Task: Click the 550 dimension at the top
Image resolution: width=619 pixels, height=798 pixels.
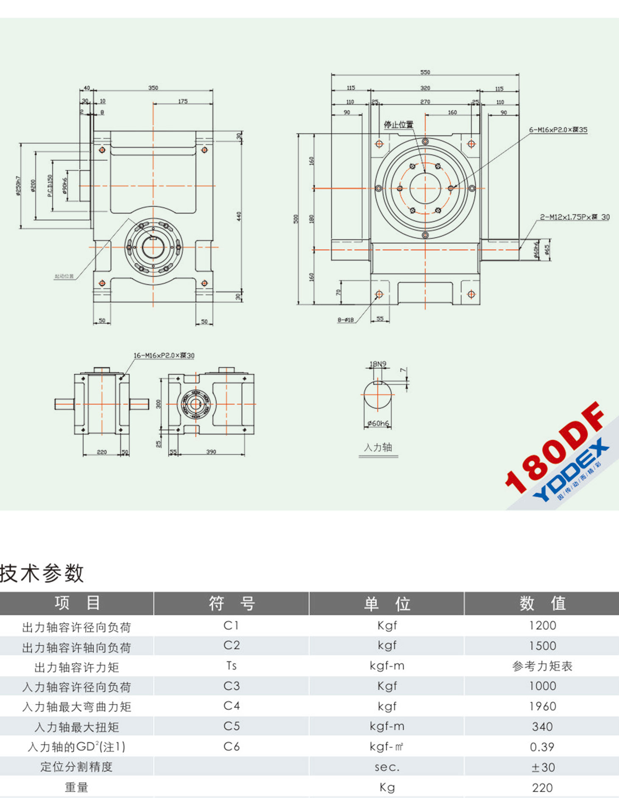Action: click(x=425, y=72)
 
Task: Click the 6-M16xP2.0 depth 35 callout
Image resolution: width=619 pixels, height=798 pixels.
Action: click(x=558, y=130)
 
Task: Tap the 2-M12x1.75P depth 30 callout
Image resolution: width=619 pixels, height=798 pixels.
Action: click(x=574, y=217)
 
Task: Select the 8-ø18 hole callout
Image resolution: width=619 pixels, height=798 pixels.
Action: click(x=346, y=320)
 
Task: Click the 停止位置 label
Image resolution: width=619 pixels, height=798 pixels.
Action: click(x=398, y=125)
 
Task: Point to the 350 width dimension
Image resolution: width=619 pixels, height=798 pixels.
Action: click(x=153, y=88)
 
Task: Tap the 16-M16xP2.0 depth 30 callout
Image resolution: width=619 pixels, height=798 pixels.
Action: click(x=164, y=355)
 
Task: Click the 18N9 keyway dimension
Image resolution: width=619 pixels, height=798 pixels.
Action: click(x=378, y=364)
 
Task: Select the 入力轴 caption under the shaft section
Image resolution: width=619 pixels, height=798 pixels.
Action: click(x=378, y=447)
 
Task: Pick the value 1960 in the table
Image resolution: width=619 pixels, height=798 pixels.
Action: click(x=542, y=706)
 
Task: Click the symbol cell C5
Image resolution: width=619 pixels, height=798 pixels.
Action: click(x=231, y=726)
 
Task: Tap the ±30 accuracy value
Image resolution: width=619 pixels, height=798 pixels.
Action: click(x=542, y=767)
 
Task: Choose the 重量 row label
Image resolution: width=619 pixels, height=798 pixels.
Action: click(x=76, y=788)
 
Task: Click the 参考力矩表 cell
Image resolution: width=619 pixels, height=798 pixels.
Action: click(x=542, y=666)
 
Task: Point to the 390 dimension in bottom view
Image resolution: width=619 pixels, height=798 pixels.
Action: click(x=211, y=452)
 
